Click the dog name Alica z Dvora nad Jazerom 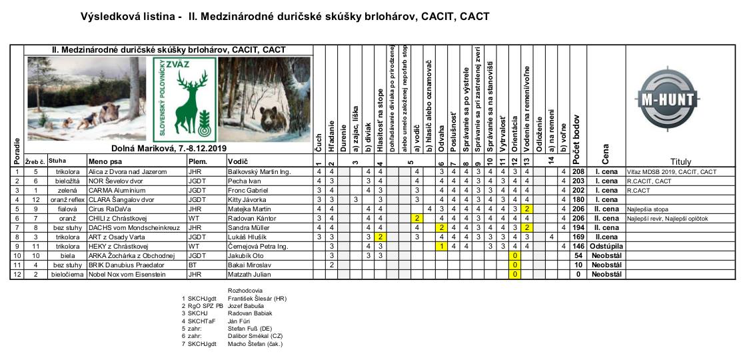coord(127,171)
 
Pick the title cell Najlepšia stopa coord(646,209)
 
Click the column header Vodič coord(238,161)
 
